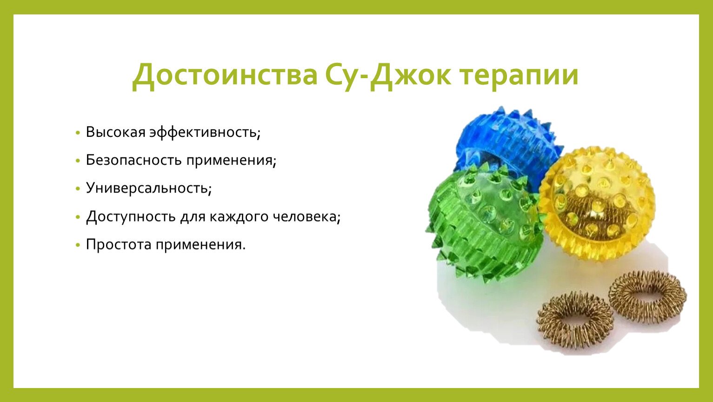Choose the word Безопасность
(x=134, y=160)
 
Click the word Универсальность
(x=149, y=188)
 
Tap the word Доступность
(x=131, y=217)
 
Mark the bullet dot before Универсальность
(x=78, y=189)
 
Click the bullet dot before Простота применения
(x=78, y=245)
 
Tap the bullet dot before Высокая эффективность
(x=78, y=133)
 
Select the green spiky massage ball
(x=484, y=223)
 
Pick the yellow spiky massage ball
(x=596, y=204)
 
